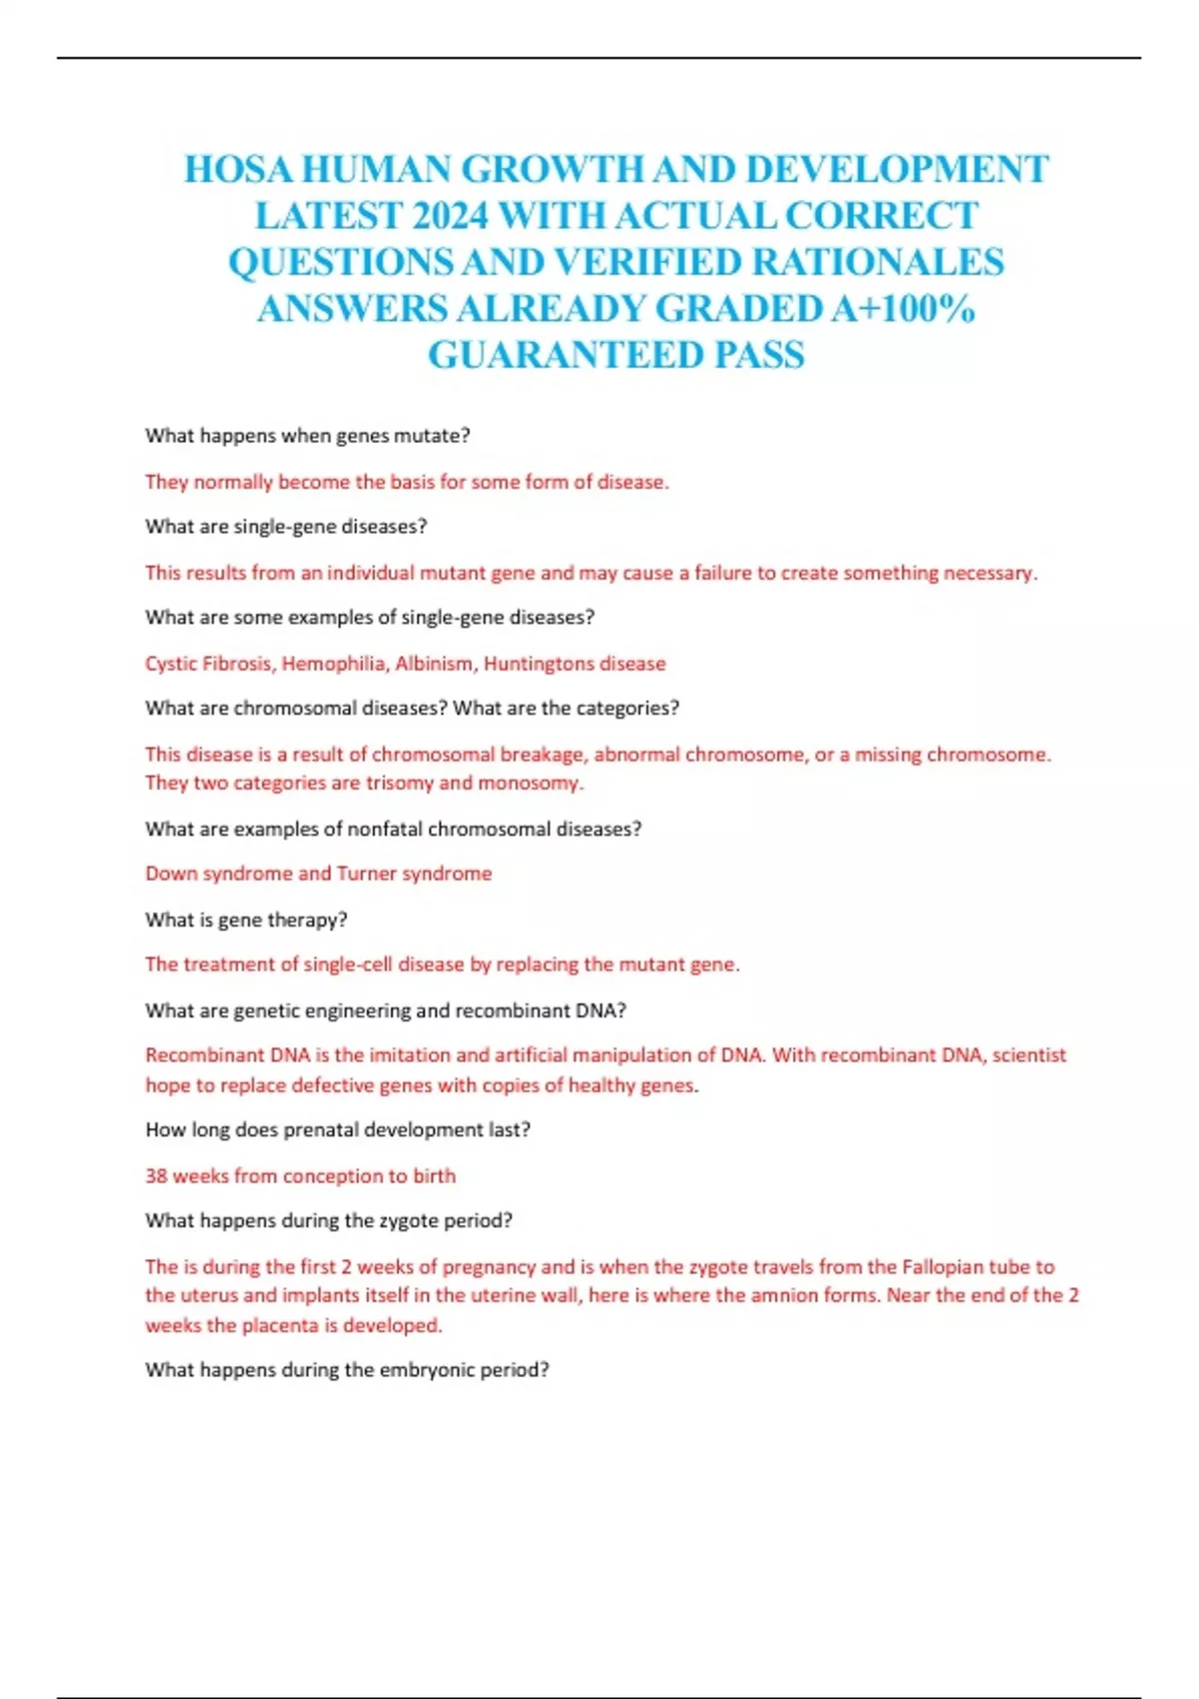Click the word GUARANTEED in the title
(567, 355)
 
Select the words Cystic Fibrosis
(209, 664)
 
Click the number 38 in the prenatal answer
(156, 1176)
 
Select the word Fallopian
(942, 1267)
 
